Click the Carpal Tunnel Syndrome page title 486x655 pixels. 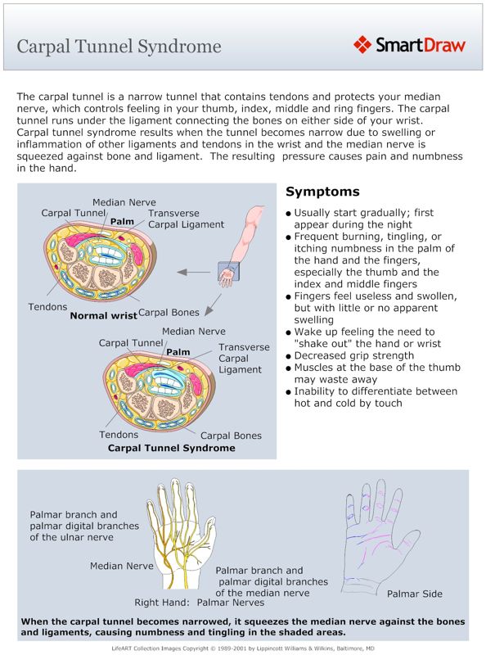119,45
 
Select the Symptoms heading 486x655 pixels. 322,192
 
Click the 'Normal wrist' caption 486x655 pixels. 102,315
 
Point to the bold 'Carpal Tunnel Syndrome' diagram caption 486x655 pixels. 172,449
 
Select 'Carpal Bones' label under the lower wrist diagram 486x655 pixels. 232,436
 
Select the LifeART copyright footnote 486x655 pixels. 243,648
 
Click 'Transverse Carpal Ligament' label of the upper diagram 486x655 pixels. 186,219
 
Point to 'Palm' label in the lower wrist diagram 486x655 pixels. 178,352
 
